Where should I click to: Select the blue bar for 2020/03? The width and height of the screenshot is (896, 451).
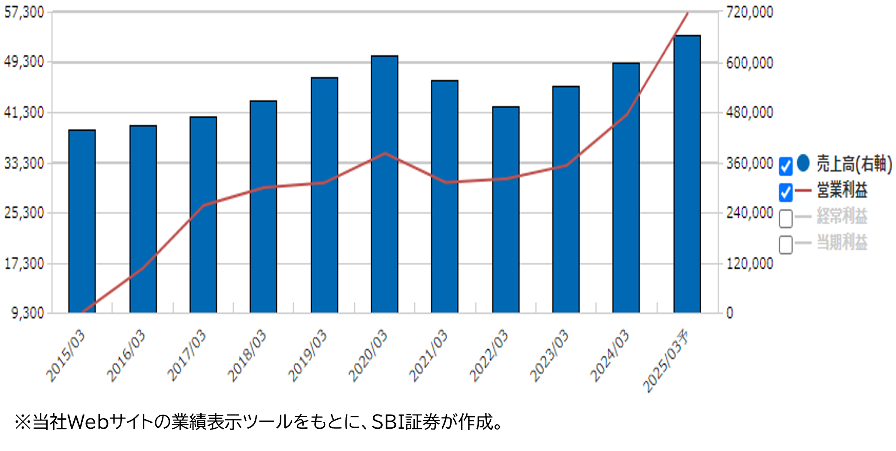point(384,185)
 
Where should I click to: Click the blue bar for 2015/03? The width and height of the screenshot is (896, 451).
point(82,221)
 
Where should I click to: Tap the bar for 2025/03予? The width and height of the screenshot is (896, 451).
point(687,174)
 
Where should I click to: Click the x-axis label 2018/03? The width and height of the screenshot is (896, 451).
point(247,356)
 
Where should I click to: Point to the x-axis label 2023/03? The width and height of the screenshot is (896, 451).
point(549,356)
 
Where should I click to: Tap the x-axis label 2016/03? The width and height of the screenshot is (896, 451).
point(126,356)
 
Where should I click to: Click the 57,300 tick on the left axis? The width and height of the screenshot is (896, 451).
point(24,12)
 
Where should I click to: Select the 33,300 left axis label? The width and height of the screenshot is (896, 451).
point(24,163)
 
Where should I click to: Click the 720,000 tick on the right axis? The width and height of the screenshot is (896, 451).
point(749,12)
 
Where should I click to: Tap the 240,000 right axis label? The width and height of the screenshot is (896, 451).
point(749,213)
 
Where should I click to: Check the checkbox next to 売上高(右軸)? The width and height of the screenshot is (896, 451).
point(785,166)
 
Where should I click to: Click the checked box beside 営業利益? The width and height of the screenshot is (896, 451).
point(785,192)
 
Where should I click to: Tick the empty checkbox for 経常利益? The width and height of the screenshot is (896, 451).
point(785,218)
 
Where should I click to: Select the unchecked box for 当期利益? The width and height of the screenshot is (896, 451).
point(785,245)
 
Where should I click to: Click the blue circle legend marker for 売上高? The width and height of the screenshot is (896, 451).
point(803,163)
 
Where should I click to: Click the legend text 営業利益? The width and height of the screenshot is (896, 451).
point(842,190)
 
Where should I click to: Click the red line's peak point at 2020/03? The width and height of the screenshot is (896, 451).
point(385,153)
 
